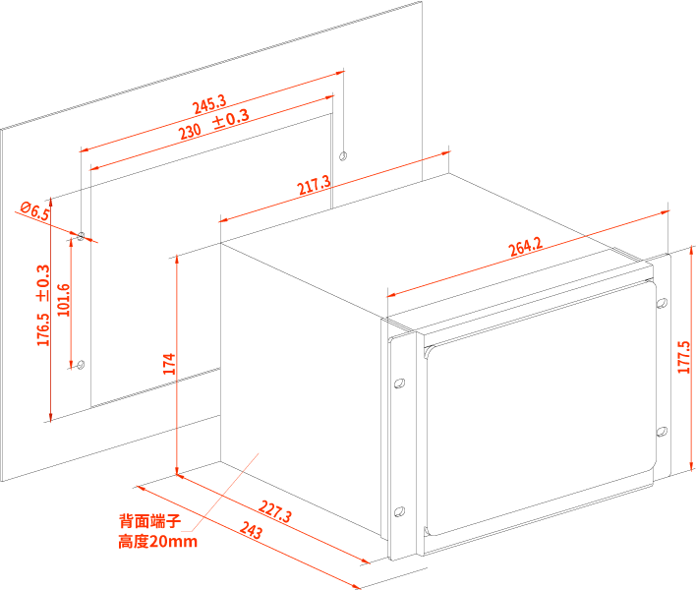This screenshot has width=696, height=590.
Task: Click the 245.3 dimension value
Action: tap(208, 103)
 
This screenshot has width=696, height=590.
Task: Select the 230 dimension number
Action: tap(190, 132)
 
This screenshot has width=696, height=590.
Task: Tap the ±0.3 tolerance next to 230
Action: tap(231, 119)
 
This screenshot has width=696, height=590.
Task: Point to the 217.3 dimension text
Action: tap(314, 185)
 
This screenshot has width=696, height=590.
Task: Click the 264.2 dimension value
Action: tap(525, 247)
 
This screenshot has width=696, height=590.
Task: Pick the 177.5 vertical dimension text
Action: tap(684, 357)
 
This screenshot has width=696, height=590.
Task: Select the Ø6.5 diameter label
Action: tap(34, 211)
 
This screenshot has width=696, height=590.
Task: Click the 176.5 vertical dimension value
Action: tap(42, 329)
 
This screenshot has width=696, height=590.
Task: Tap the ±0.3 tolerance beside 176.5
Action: tap(42, 283)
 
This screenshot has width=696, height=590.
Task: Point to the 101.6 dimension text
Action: tap(64, 300)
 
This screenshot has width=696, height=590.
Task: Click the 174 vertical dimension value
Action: tap(169, 364)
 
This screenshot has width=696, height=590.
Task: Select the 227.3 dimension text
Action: tap(276, 511)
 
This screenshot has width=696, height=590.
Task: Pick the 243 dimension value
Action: tap(251, 531)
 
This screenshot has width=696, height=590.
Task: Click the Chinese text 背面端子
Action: tap(149, 521)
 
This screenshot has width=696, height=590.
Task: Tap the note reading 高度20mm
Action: tap(157, 542)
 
